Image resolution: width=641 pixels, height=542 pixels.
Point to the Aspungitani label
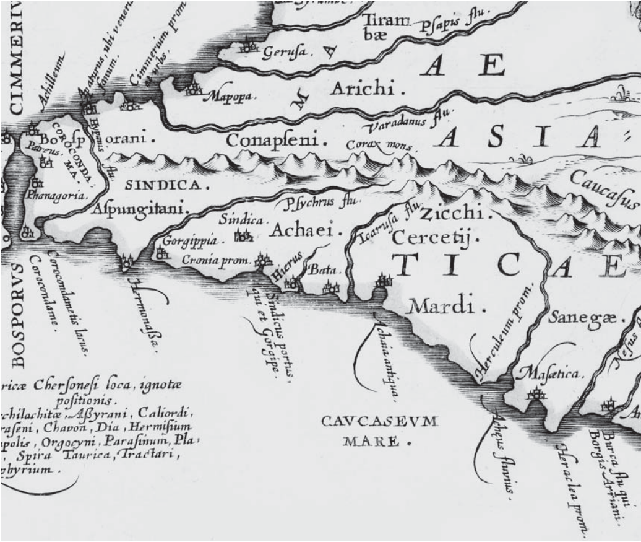[x=140, y=209]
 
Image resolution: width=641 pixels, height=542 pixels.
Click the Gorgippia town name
[x=184, y=241]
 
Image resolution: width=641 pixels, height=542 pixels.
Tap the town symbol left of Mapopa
[x=194, y=90]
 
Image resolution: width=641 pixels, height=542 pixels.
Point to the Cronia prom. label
[x=215, y=261]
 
